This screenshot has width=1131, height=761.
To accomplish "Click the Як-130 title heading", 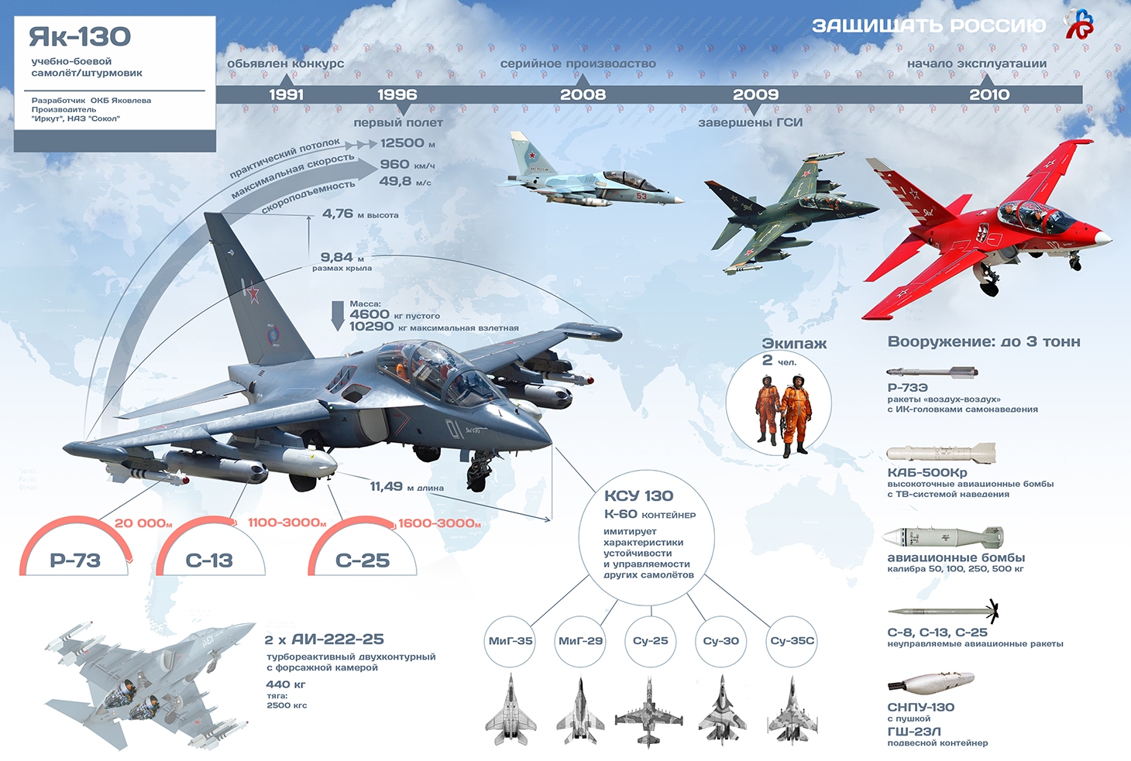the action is [80, 36].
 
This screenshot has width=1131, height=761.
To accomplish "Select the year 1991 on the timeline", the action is [286, 94].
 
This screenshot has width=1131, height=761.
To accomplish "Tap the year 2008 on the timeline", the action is [583, 94].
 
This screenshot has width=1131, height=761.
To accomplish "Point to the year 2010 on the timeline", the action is [989, 94].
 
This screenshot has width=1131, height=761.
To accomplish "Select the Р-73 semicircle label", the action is [75, 560].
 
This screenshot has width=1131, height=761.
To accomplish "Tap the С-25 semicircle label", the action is [362, 560].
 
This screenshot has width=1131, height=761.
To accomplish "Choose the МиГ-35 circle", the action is [510, 641].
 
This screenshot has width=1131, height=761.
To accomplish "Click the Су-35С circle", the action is [792, 641].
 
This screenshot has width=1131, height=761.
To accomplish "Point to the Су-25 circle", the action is [651, 641].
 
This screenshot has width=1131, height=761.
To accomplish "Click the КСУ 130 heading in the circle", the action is [638, 495].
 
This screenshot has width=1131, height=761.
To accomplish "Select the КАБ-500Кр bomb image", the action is [940, 453].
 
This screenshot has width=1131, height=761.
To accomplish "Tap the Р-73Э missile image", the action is [926, 372].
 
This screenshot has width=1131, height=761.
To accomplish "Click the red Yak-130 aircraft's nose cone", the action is [1104, 237].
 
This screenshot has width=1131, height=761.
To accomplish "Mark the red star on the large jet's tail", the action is [252, 293].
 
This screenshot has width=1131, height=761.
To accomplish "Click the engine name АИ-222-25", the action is [337, 639].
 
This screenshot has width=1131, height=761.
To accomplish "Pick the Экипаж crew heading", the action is [794, 344].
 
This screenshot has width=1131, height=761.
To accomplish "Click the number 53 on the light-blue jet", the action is [641, 196].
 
